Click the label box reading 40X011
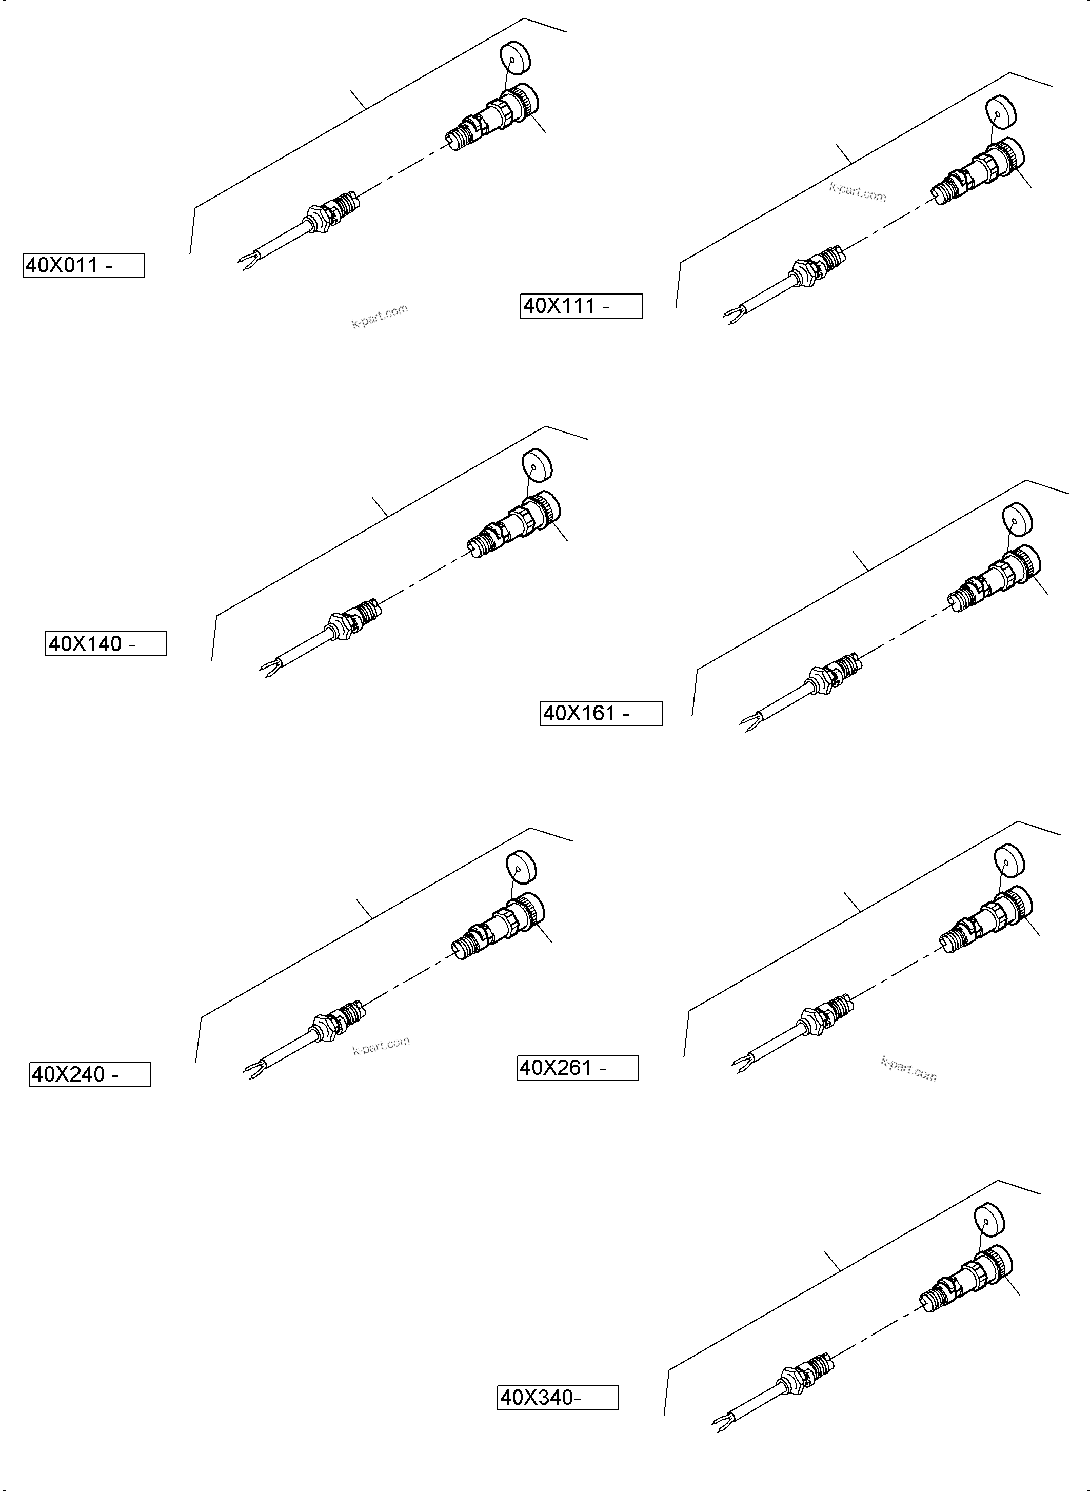[x=84, y=265]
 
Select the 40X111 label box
[x=581, y=306]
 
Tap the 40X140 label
[x=106, y=643]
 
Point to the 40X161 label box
[x=601, y=714]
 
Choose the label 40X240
[x=90, y=1074]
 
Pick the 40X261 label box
[x=578, y=1068]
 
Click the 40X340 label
[x=558, y=1398]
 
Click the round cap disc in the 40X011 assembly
[x=516, y=57]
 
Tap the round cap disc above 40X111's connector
[x=1001, y=112]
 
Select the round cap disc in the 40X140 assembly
[x=537, y=465]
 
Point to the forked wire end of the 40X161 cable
[x=748, y=723]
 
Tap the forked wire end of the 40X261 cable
[x=740, y=1062]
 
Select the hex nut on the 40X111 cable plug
[x=800, y=270]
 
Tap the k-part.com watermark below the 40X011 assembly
[x=380, y=316]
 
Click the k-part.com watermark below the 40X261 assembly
[x=908, y=1069]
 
